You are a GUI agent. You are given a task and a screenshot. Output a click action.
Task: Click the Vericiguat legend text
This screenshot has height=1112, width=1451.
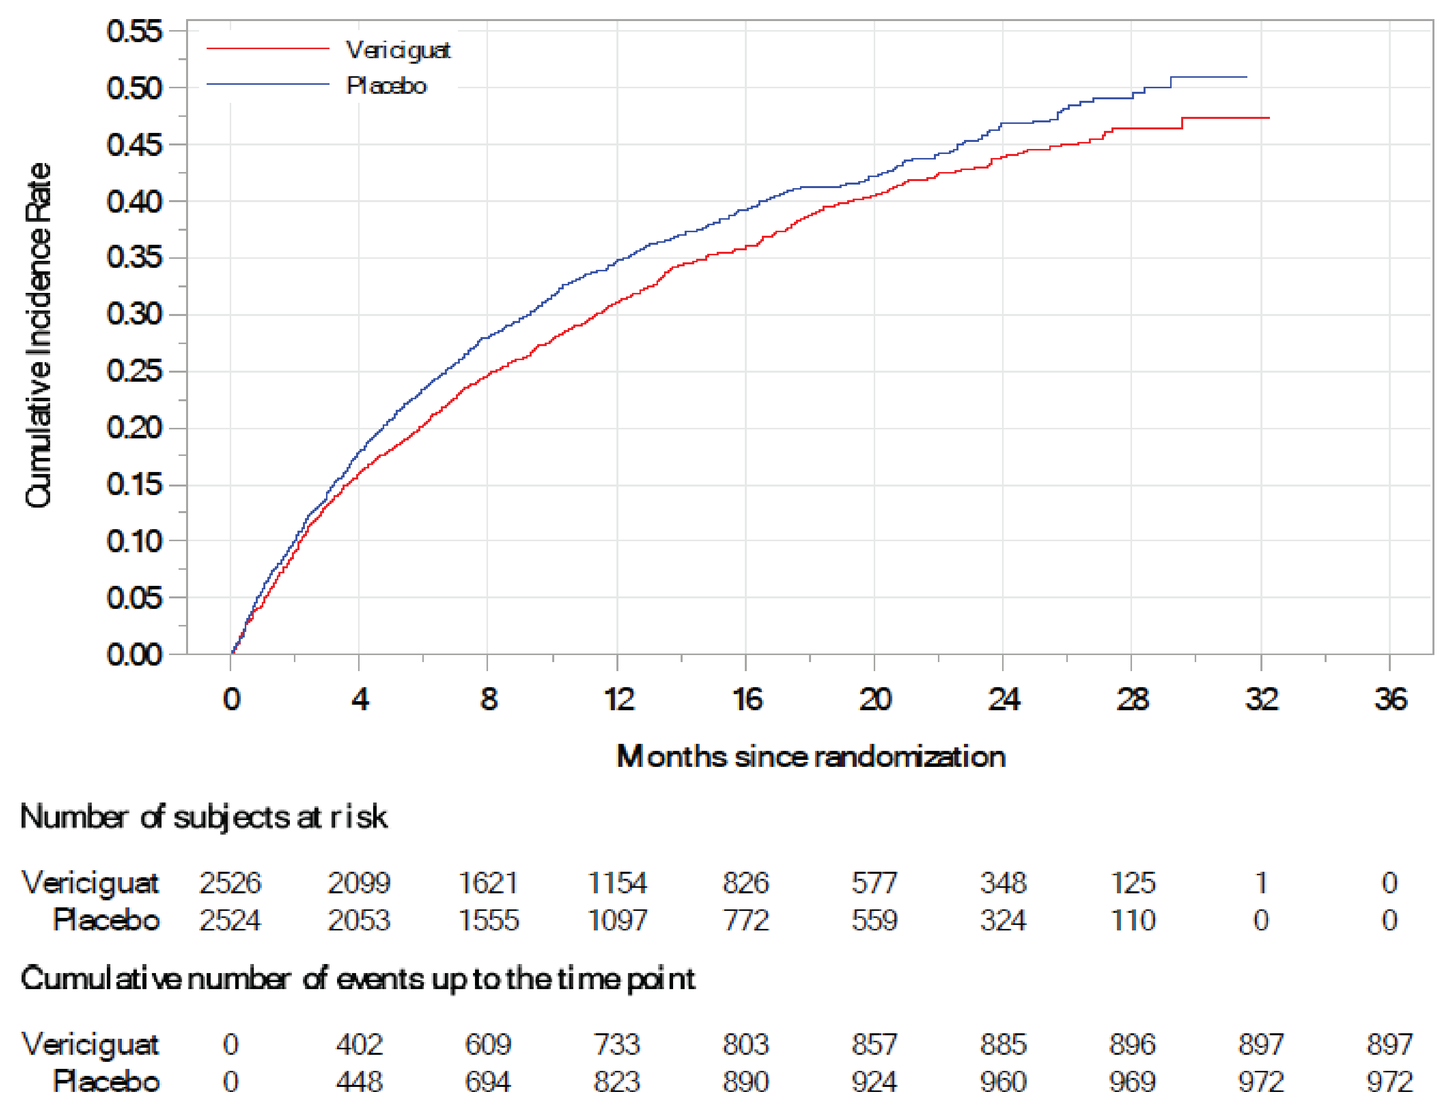(x=398, y=50)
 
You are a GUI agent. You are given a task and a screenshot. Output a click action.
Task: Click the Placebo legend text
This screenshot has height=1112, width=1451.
(x=387, y=86)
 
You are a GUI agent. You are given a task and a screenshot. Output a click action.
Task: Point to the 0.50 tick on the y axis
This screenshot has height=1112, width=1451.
(x=134, y=87)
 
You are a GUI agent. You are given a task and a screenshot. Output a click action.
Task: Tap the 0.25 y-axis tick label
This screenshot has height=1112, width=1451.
(x=134, y=371)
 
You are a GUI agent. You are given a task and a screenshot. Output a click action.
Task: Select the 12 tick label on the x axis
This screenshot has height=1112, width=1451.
(x=617, y=700)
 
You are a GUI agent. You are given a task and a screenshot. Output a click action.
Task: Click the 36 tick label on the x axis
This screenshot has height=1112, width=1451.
(x=1390, y=700)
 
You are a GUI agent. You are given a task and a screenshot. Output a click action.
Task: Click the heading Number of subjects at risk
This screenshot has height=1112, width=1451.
(x=203, y=817)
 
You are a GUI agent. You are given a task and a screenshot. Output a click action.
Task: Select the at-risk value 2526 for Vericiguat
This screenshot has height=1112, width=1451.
(x=230, y=883)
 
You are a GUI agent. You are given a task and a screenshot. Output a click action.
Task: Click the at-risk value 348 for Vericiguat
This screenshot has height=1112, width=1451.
(x=1003, y=883)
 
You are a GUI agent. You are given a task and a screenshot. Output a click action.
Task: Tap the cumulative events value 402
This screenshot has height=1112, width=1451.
(x=360, y=1044)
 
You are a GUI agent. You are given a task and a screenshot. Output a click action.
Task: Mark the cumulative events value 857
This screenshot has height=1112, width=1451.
(x=874, y=1044)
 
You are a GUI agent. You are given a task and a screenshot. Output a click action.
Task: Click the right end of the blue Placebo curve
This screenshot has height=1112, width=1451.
(x=1246, y=77)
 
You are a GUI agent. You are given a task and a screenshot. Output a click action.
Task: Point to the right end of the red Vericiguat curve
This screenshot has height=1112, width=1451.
(x=1268, y=118)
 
